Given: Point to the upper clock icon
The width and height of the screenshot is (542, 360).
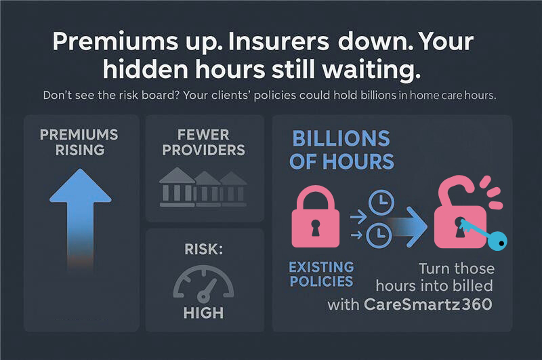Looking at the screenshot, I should coord(379,202).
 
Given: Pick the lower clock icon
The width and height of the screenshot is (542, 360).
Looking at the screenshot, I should coord(379,235).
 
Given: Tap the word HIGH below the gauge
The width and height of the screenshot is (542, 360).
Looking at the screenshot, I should coord(203,313).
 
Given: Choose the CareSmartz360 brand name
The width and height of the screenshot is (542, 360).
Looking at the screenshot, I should coord(428,304).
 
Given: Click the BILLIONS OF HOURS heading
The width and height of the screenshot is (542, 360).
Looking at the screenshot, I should coord(342,150).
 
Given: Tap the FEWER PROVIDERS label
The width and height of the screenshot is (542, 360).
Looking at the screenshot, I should coord(203,141).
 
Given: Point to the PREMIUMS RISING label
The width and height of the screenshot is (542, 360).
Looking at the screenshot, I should coord(81,141).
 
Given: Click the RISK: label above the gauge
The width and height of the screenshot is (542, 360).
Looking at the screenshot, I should coord(203,249).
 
